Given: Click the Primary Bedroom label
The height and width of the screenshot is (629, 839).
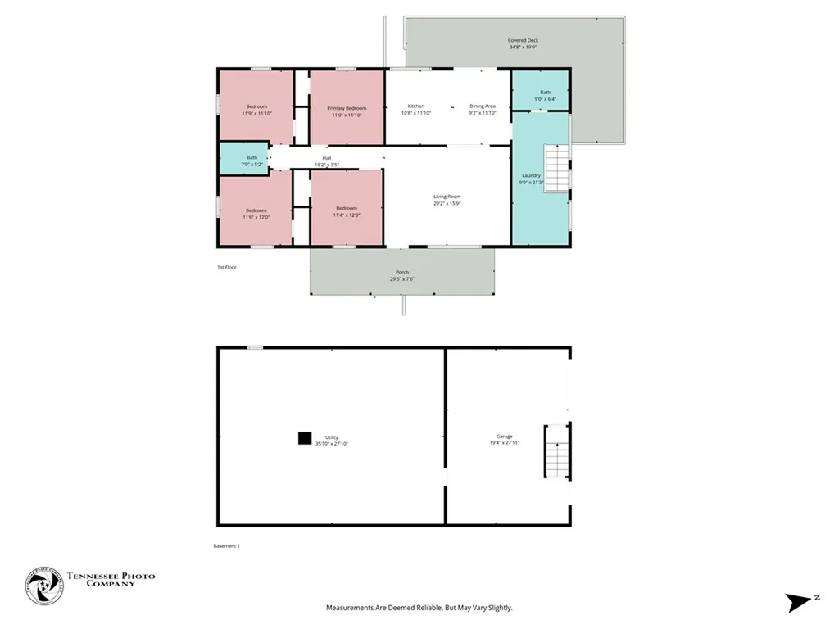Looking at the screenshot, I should pos(347,108).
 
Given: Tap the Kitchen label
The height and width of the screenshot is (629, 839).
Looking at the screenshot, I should pos(416,106).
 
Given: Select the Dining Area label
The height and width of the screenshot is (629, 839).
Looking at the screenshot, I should pos(483,106).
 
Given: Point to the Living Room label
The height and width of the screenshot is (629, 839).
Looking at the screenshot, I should pos(447,197).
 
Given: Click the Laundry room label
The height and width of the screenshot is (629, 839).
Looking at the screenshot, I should pos(531,175).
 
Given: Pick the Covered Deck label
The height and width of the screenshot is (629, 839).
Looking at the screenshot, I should pos(523,40).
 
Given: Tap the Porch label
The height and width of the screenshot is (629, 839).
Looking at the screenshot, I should pos(401,272).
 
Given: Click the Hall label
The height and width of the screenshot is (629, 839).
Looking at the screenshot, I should pos(326,158).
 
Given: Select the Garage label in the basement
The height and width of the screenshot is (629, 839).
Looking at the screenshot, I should pos(505,437).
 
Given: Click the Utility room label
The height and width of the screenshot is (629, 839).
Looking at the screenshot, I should pos(332,437).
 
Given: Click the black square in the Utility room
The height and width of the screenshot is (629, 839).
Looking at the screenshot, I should pos(305,438).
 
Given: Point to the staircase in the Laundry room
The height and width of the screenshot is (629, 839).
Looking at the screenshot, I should pos(557,167).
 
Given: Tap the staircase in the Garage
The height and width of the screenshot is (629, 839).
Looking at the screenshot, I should pos(557,451).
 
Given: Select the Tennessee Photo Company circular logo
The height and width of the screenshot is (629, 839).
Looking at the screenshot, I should pos(44,586).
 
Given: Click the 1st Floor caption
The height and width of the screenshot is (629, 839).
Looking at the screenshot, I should pos(227,267).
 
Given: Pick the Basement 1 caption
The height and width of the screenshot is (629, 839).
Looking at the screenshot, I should pos(226,545).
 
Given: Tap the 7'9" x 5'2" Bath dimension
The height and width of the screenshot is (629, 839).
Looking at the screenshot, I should pos(252,165).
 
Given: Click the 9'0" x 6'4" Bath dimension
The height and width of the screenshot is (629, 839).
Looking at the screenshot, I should pos(545,99).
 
